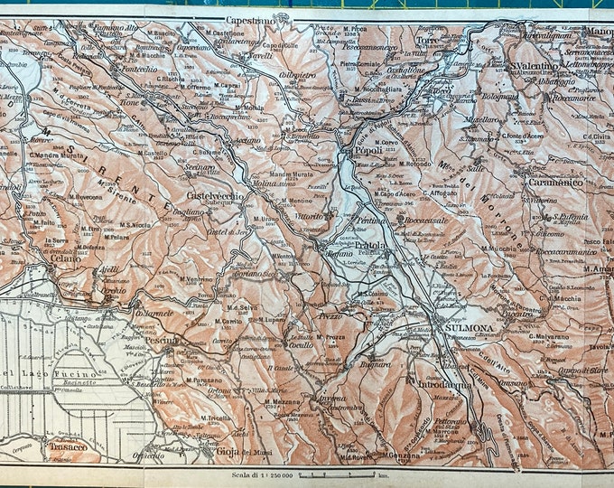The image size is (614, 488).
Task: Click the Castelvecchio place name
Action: [212, 195]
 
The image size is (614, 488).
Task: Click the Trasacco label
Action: [68, 446]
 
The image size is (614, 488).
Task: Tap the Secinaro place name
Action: [200, 166]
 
